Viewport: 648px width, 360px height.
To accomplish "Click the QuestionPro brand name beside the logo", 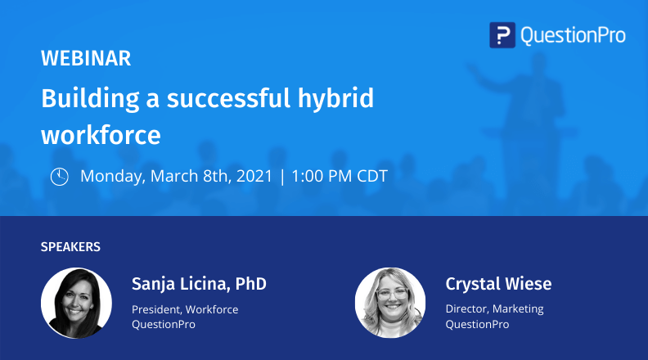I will (x=573, y=35).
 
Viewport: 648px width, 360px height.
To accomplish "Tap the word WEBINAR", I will (x=86, y=58).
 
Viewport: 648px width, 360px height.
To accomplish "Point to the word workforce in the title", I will (x=101, y=133).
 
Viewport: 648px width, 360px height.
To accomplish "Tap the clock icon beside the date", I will (x=60, y=176).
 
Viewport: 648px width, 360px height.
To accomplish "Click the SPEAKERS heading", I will (x=70, y=246).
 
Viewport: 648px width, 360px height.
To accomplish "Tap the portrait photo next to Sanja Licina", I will (x=76, y=303).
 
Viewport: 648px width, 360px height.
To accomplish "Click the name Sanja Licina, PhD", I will (x=199, y=284).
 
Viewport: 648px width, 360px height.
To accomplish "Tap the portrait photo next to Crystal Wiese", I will (x=390, y=303).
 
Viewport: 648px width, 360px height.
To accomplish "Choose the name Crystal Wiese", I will (x=498, y=284).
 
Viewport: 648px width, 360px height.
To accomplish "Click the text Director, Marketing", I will (x=494, y=309).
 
